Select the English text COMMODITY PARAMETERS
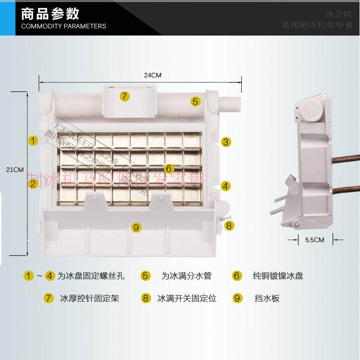pos(63,26)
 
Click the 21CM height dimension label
pos(14,170)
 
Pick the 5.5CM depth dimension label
pos(315,240)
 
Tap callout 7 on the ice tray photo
pos(125,96)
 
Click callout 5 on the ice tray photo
pos(195,101)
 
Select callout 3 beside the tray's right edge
pos(226,142)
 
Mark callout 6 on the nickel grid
pos(169,169)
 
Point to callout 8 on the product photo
pos(229,225)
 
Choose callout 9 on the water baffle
pos(136,227)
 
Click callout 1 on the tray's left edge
pos(33,140)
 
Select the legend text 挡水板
pos(267,298)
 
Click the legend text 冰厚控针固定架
pos(90,298)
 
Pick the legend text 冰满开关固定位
pos(187,298)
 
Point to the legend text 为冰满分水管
pos(186,276)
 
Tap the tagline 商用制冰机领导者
pos(317,25)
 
